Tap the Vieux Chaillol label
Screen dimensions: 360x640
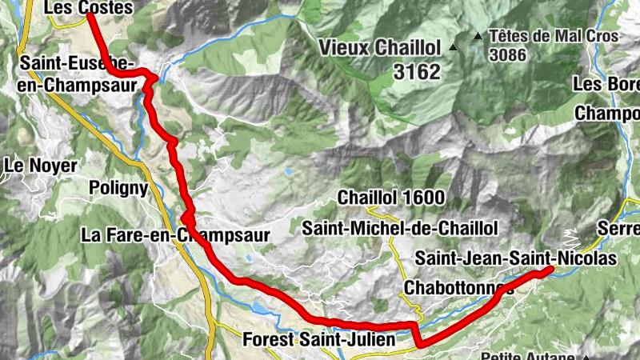380,47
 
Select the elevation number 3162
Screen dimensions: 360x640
417,72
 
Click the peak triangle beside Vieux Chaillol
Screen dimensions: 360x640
453,47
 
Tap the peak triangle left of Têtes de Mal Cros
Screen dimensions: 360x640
478,36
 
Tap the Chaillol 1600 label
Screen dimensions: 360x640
391,198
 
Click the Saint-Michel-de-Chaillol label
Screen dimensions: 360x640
400,229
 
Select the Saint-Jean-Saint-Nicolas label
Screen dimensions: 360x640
516,258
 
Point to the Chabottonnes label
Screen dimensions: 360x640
458,287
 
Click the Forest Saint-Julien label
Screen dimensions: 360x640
318,340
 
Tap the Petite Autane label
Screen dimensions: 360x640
530,356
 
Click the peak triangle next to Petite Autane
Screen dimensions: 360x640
586,357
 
